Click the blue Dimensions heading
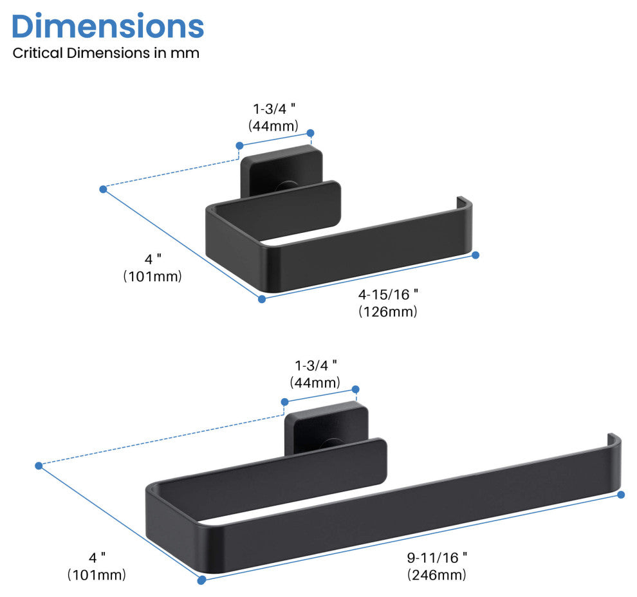[x=107, y=26]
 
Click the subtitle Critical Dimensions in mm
[x=106, y=53]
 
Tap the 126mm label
[x=388, y=312]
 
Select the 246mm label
[x=437, y=575]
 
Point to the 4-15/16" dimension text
[x=389, y=295]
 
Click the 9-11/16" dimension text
[x=437, y=558]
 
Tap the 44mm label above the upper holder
[x=273, y=126]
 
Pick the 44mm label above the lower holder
[x=315, y=383]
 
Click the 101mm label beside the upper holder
[x=152, y=277]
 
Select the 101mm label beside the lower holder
[x=97, y=574]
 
